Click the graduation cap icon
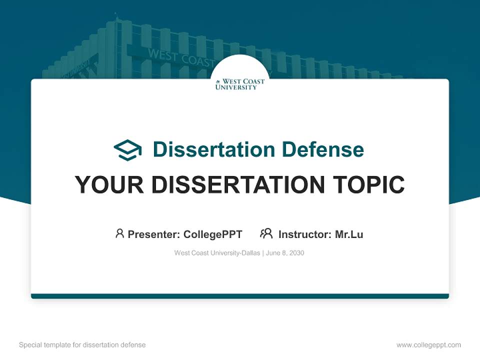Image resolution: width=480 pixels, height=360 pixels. coord(127,150)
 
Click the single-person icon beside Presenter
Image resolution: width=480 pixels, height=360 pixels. coord(119,233)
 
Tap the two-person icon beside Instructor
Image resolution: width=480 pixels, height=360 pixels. coord(266,233)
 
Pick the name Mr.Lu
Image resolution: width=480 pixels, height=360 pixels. coord(349,234)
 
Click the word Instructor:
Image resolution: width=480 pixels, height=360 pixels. coord(305,234)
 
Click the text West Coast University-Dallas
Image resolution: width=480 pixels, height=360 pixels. coord(217,253)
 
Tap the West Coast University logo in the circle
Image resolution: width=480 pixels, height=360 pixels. coord(240,84)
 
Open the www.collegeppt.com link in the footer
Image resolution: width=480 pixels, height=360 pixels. coord(428,345)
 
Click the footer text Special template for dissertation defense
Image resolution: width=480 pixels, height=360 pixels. coord(82,345)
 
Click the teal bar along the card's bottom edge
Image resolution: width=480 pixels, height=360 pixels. coord(240,296)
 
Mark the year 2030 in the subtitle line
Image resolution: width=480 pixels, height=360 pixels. coord(296,253)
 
